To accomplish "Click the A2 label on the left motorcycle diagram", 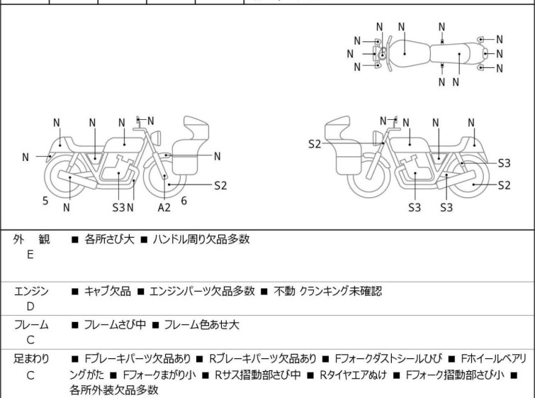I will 164,206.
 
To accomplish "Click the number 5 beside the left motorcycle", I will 45,201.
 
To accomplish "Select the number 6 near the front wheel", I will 184,201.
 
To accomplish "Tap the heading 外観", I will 30,240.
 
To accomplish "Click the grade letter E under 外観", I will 30,254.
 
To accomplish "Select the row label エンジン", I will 30,291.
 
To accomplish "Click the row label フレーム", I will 30,325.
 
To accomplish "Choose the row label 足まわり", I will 30,359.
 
